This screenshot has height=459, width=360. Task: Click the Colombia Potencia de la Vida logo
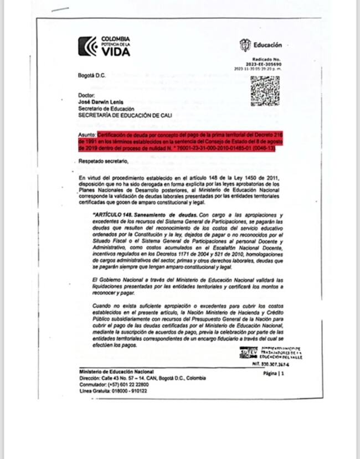click(104, 47)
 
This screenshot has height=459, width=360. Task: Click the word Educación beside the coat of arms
click(268, 45)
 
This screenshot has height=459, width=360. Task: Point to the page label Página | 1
click(274, 374)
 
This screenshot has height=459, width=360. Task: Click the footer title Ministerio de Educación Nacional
click(116, 372)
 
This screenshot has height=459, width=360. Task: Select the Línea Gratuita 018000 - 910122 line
click(114, 391)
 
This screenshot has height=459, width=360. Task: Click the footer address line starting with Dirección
click(142, 378)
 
